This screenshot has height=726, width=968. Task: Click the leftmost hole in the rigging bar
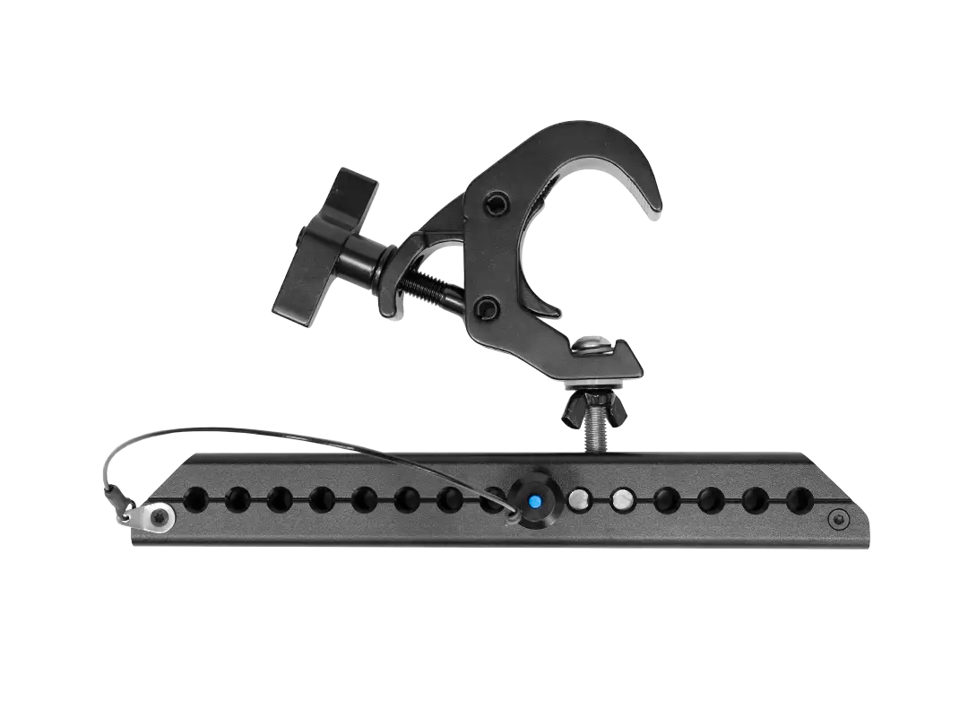(x=194, y=497)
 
